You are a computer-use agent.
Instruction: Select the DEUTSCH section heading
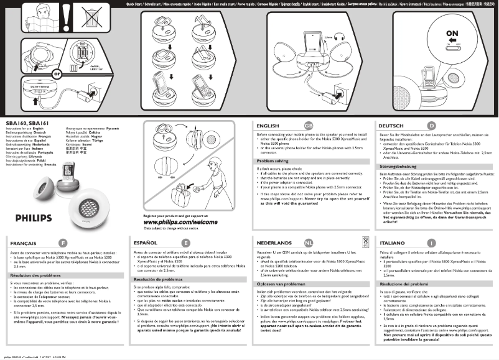coord(392,125)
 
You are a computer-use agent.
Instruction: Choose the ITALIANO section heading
coord(393,241)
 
